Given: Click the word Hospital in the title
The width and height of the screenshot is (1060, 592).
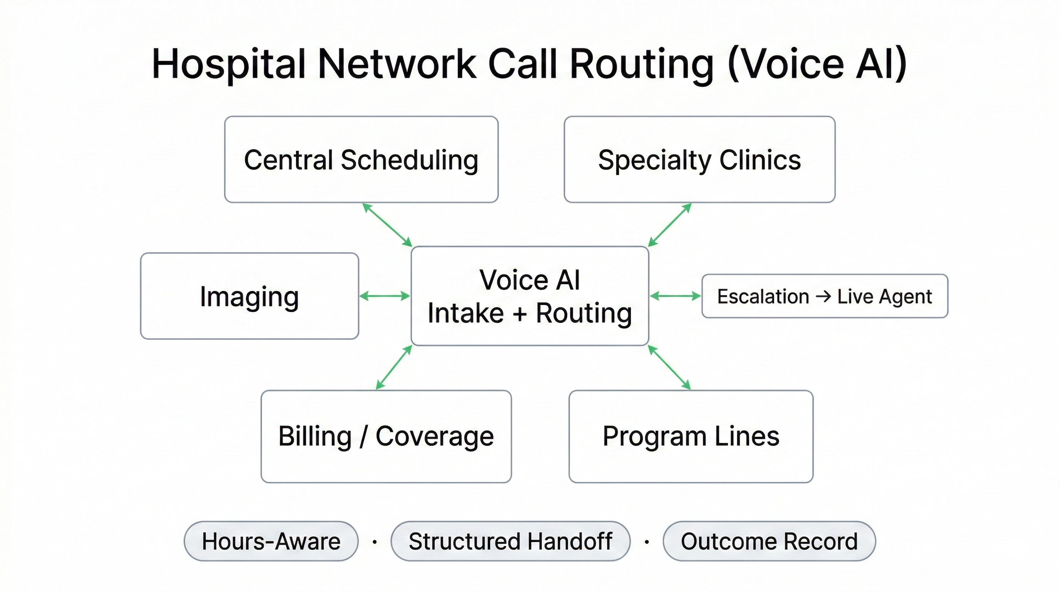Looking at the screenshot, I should click(x=229, y=64).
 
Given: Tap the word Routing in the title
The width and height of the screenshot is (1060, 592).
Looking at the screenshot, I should click(x=642, y=64).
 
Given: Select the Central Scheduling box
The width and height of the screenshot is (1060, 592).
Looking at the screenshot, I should click(x=361, y=159).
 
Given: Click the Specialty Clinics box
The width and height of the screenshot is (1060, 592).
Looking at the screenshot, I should click(x=699, y=159).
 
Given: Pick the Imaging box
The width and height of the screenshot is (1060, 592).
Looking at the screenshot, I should click(x=249, y=296).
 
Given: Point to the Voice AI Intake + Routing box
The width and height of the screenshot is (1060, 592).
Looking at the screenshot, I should click(x=530, y=296).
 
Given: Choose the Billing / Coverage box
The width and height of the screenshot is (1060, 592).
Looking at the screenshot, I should click(x=386, y=436).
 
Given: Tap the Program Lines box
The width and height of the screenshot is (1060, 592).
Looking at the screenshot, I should click(x=691, y=436).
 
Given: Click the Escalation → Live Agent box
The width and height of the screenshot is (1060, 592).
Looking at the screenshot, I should click(x=825, y=296).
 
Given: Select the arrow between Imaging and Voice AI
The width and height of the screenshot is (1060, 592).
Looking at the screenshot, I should click(x=384, y=296).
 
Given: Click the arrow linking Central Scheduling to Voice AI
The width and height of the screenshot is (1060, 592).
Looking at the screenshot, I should click(x=387, y=225).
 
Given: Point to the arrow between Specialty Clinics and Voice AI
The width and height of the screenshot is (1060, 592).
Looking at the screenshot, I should click(x=669, y=225).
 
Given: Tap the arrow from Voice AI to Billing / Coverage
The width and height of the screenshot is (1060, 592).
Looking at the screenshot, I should click(x=394, y=367).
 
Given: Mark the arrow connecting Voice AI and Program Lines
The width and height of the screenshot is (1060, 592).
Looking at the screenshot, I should click(x=669, y=367).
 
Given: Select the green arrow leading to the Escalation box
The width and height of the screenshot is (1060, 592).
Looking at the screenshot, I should click(x=675, y=296).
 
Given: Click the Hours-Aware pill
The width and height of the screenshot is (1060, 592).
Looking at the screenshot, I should click(x=271, y=541).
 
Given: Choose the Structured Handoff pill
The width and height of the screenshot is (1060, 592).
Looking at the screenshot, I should click(x=510, y=541).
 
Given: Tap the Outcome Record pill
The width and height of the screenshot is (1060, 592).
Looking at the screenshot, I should click(x=769, y=541).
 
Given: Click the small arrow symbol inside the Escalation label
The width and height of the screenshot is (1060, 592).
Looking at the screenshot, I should click(x=823, y=296).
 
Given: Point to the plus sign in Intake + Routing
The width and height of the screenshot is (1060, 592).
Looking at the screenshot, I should click(x=520, y=314).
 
